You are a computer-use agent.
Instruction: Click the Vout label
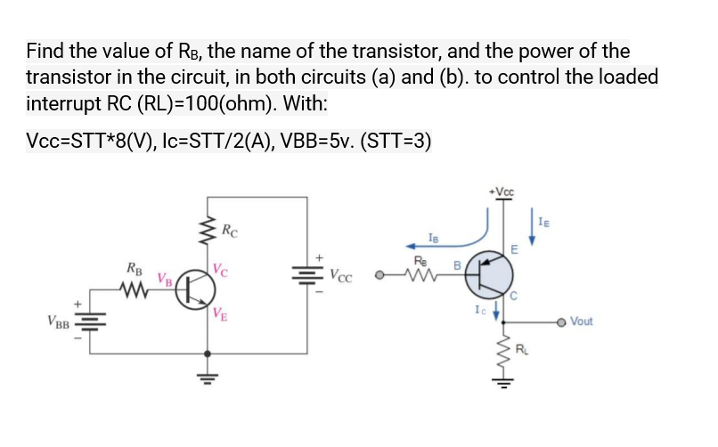583,321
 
